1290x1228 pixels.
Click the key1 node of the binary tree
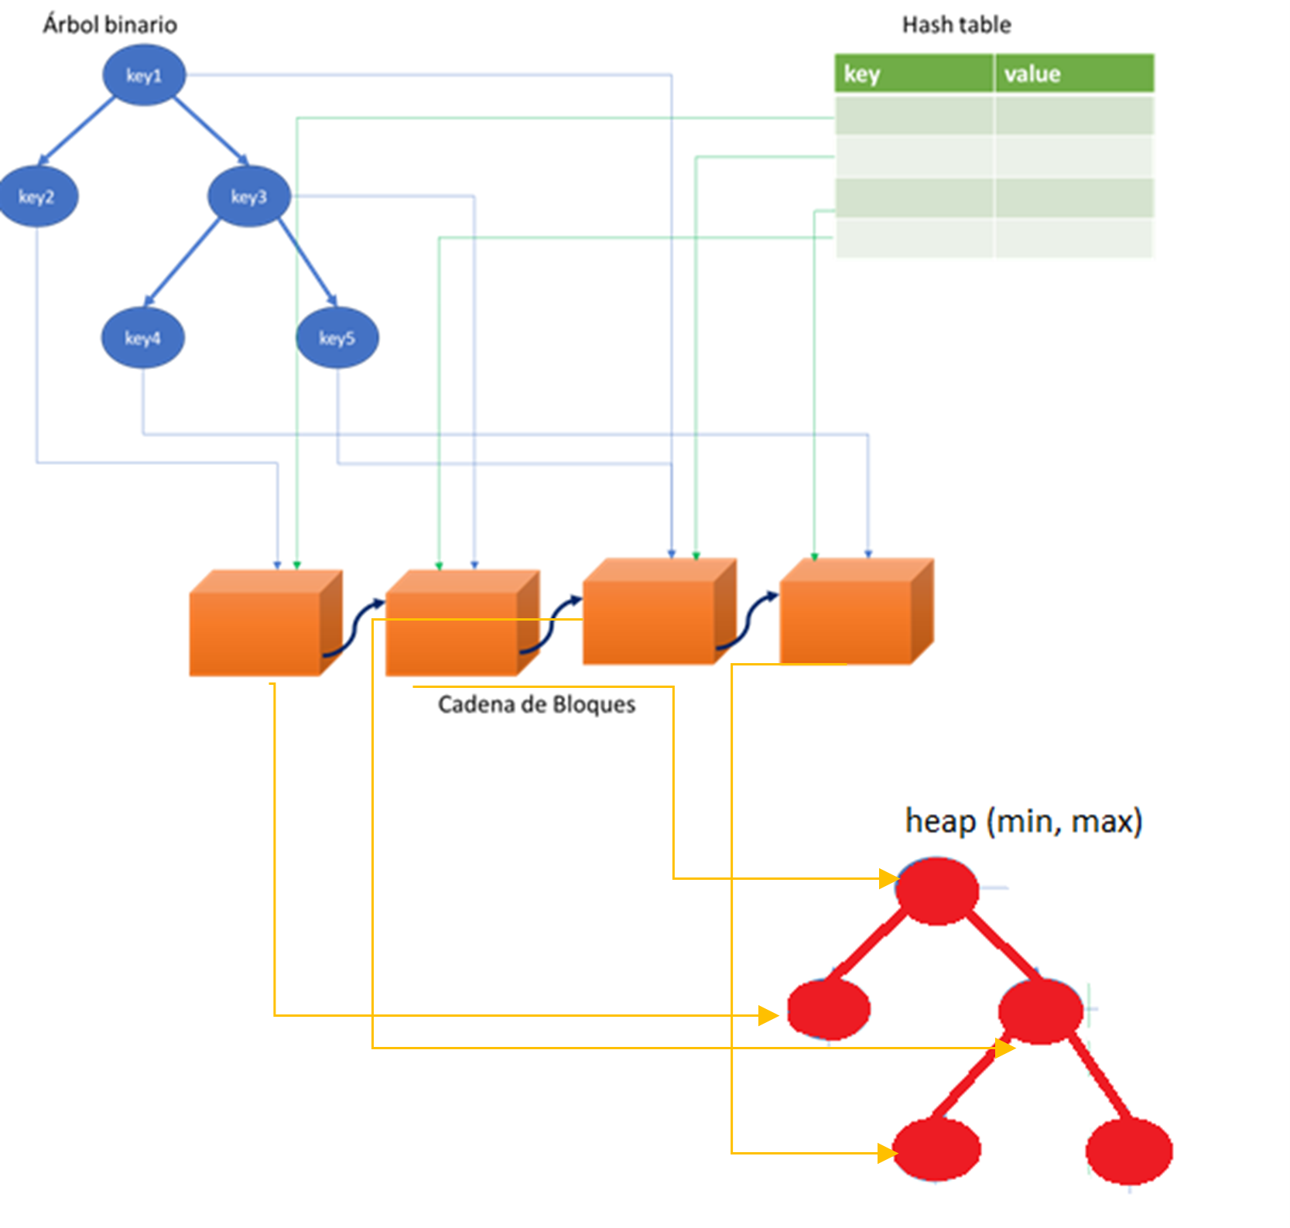(x=144, y=75)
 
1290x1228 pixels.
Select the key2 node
(x=36, y=197)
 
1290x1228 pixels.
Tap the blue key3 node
(x=248, y=197)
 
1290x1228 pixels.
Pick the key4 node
(x=142, y=338)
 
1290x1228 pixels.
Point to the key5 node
(x=337, y=338)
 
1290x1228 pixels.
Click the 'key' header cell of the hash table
(x=913, y=74)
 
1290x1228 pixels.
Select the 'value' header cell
(x=1074, y=74)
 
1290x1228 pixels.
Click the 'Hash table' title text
(x=956, y=25)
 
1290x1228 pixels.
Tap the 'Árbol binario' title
(x=110, y=25)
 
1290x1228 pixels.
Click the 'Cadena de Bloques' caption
(x=536, y=704)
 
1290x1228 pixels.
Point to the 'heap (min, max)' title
(x=1023, y=821)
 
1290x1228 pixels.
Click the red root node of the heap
(x=937, y=891)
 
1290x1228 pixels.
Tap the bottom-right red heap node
(x=1129, y=1151)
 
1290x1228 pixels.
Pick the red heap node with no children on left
(x=829, y=1009)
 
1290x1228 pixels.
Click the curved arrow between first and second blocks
(x=354, y=627)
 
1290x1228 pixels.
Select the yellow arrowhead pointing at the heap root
(x=888, y=878)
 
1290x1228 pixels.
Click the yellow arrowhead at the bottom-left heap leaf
(x=887, y=1154)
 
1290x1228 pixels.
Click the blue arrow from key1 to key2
(x=76, y=132)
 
